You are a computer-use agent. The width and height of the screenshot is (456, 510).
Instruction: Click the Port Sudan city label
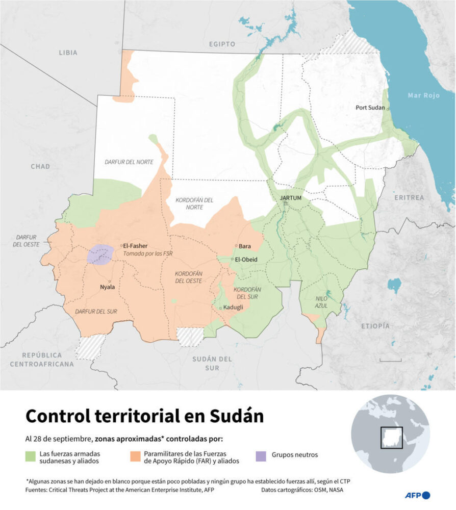click(x=370, y=108)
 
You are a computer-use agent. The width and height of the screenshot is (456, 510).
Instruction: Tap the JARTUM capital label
click(x=291, y=198)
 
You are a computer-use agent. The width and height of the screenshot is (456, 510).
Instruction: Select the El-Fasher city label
click(x=136, y=246)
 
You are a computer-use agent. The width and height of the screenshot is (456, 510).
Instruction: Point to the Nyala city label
click(x=107, y=287)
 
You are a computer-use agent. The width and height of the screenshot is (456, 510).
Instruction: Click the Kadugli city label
click(x=233, y=307)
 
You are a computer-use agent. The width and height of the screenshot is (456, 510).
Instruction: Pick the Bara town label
click(x=245, y=246)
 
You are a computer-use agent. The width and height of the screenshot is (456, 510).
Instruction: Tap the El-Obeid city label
click(x=246, y=260)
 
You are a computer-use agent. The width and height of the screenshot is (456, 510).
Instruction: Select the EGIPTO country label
click(x=222, y=44)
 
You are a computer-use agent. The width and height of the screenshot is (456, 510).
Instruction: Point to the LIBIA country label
click(x=68, y=53)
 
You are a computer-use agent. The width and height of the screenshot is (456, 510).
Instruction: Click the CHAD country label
click(x=40, y=166)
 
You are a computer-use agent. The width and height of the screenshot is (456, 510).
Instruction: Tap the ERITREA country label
click(x=409, y=197)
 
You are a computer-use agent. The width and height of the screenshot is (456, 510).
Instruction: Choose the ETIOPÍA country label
click(x=375, y=326)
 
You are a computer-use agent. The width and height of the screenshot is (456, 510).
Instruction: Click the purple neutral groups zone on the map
click(x=100, y=254)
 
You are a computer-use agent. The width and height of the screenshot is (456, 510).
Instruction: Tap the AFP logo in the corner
click(x=417, y=495)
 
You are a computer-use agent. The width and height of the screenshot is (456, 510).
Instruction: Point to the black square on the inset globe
click(x=391, y=438)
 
